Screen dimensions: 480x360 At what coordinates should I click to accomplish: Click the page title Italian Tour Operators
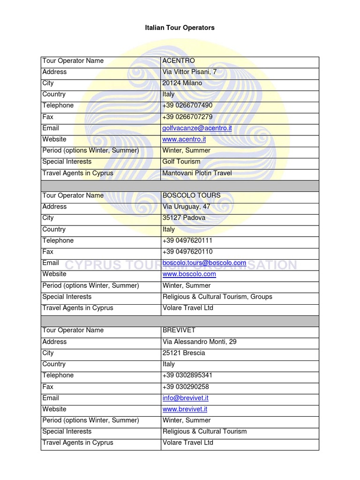click(180, 28)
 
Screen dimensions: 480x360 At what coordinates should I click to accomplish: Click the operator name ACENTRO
click(178, 61)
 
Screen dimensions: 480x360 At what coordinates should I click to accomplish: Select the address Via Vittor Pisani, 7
click(189, 72)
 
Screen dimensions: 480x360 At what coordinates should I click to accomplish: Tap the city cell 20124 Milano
click(182, 83)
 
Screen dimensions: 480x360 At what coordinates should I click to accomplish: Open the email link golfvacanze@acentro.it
click(197, 128)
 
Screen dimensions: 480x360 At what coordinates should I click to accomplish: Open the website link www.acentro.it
click(184, 140)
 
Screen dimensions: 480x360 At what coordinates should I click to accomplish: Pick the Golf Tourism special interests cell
click(181, 162)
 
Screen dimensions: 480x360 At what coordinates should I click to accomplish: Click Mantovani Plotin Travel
click(197, 173)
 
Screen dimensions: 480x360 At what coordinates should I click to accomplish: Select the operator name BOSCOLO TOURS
click(191, 195)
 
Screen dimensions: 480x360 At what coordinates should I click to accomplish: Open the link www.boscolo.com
click(189, 274)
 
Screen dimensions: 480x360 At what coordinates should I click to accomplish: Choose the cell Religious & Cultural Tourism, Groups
click(217, 297)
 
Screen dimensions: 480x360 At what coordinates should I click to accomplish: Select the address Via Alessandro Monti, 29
click(199, 342)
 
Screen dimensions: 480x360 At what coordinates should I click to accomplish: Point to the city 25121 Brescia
click(183, 353)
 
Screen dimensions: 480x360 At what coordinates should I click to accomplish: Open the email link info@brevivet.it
click(185, 398)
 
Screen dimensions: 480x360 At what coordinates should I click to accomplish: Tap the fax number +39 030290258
click(186, 387)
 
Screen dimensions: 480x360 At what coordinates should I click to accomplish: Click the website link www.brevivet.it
click(185, 409)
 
